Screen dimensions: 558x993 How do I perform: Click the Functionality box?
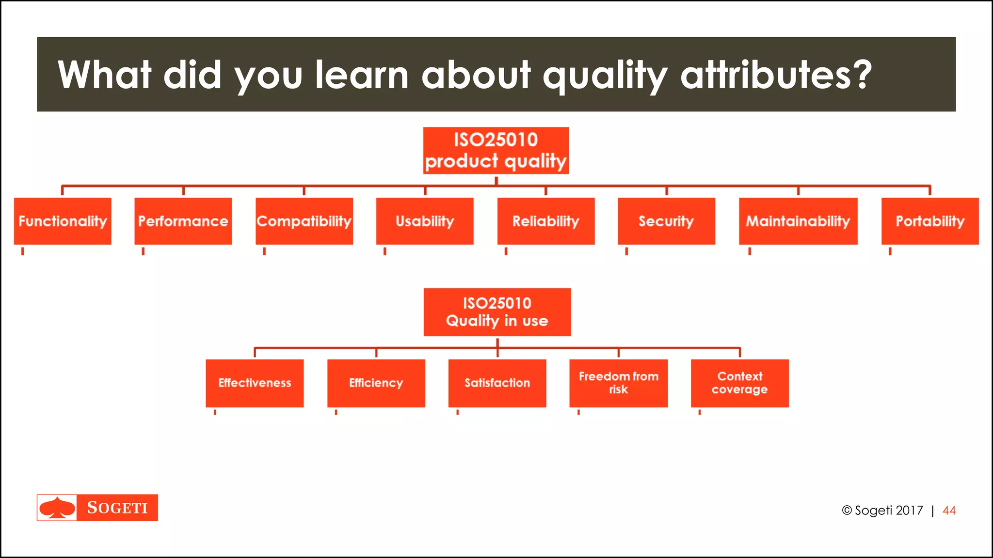[63, 221]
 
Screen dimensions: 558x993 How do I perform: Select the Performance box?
[183, 221]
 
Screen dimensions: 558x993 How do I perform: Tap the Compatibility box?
[304, 221]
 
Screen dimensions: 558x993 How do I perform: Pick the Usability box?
[425, 221]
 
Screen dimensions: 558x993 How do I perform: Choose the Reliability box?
[546, 221]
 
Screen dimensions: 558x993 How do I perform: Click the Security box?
[666, 221]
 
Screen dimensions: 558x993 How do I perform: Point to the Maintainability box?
[798, 221]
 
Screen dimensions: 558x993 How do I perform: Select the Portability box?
[930, 221]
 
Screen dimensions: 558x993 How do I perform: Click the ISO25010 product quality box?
[496, 151]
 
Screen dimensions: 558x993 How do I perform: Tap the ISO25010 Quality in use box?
[497, 312]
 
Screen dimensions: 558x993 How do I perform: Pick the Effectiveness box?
[255, 383]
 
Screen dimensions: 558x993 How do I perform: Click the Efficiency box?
[376, 383]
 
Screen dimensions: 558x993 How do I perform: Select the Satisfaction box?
[497, 383]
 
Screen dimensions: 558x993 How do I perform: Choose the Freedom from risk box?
[618, 383]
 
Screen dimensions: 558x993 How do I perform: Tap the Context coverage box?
[739, 383]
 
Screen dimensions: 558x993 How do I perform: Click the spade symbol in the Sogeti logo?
[57, 508]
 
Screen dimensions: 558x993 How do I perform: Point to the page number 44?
[949, 511]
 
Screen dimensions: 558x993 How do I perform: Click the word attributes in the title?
[776, 75]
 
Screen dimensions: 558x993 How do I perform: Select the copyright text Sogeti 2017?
[882, 511]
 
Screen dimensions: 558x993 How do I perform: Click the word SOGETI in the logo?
[117, 508]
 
